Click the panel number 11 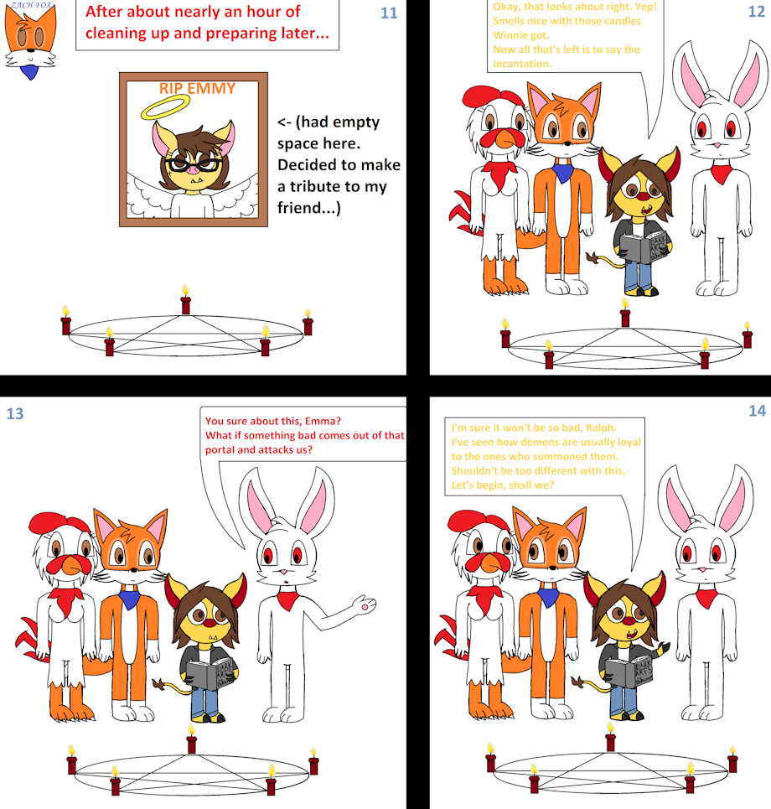click(x=389, y=13)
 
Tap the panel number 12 click(x=756, y=12)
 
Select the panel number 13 click(x=15, y=414)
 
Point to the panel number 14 click(x=757, y=411)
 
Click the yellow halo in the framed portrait click(x=165, y=107)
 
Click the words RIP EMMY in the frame click(x=197, y=89)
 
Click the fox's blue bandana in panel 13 click(x=129, y=599)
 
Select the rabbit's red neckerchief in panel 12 click(x=721, y=174)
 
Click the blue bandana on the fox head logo click(x=30, y=70)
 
